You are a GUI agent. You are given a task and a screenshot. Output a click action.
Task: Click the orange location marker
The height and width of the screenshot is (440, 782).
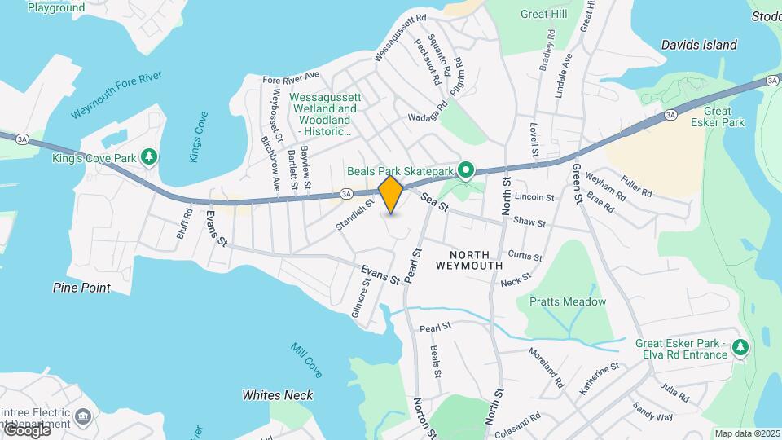(x=391, y=194)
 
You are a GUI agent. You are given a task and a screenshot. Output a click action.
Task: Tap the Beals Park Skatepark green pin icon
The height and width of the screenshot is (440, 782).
(x=466, y=170)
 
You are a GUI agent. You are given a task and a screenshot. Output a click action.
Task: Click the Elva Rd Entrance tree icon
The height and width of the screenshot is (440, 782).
(x=740, y=348)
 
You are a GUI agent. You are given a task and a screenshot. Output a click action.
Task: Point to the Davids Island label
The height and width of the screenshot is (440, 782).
(x=699, y=45)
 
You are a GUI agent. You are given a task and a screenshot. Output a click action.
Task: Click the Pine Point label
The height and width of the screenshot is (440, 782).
(x=81, y=288)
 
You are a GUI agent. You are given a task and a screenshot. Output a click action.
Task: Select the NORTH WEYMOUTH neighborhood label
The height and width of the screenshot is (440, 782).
(x=468, y=259)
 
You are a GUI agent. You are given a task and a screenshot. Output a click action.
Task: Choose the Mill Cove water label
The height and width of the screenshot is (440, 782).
(x=306, y=359)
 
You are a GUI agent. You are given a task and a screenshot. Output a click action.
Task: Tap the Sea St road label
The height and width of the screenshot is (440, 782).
(x=434, y=202)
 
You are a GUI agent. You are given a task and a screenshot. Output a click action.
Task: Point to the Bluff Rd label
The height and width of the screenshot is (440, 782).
(x=186, y=223)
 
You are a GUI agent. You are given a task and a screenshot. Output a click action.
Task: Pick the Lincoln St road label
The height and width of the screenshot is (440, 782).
(x=534, y=197)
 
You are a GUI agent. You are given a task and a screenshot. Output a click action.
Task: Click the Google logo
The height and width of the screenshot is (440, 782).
(x=26, y=429)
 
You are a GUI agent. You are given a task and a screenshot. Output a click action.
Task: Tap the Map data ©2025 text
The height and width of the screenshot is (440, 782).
(x=747, y=433)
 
